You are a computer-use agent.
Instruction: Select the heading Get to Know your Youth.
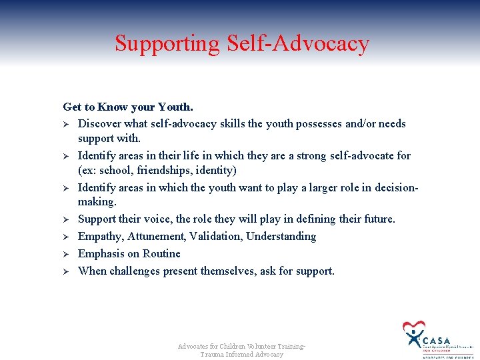coord(128,107)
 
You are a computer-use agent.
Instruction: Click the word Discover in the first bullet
coord(99,124)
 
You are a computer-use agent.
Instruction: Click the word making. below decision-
coord(97,202)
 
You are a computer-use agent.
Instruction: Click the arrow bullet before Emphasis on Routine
coord(66,254)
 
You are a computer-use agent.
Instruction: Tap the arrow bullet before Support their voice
coord(66,219)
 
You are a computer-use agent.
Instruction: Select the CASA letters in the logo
coord(437,341)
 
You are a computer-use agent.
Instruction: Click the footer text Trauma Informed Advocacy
coord(241,355)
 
